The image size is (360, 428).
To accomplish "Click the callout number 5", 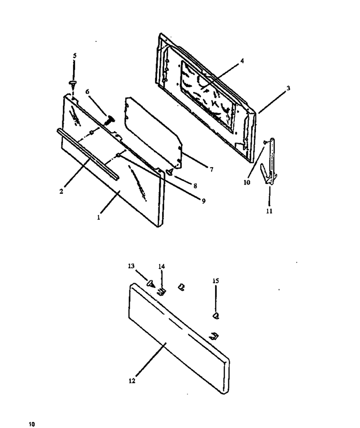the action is point(75,56).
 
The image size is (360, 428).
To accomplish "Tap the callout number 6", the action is point(87,91).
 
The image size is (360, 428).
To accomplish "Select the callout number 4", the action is point(242,61).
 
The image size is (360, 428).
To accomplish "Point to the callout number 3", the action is point(288,88).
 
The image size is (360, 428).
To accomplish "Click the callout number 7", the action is point(211,170).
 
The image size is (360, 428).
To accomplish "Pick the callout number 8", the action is point(195,186).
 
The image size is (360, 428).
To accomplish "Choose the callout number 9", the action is point(203,201).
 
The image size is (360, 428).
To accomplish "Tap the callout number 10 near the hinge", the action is point(247,182).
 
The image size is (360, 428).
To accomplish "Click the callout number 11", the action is point(270,211).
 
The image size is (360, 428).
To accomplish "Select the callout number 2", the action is point(61,192).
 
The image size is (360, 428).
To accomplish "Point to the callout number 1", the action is point(98,218).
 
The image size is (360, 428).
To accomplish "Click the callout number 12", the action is point(132,381).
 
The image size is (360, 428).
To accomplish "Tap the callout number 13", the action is point(131,266).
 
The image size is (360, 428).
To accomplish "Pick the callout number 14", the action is point(161,266).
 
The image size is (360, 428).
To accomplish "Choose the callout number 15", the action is point(216,281).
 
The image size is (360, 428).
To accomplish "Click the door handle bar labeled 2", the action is point(88,154).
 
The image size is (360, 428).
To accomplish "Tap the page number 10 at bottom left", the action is point(32,424).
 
